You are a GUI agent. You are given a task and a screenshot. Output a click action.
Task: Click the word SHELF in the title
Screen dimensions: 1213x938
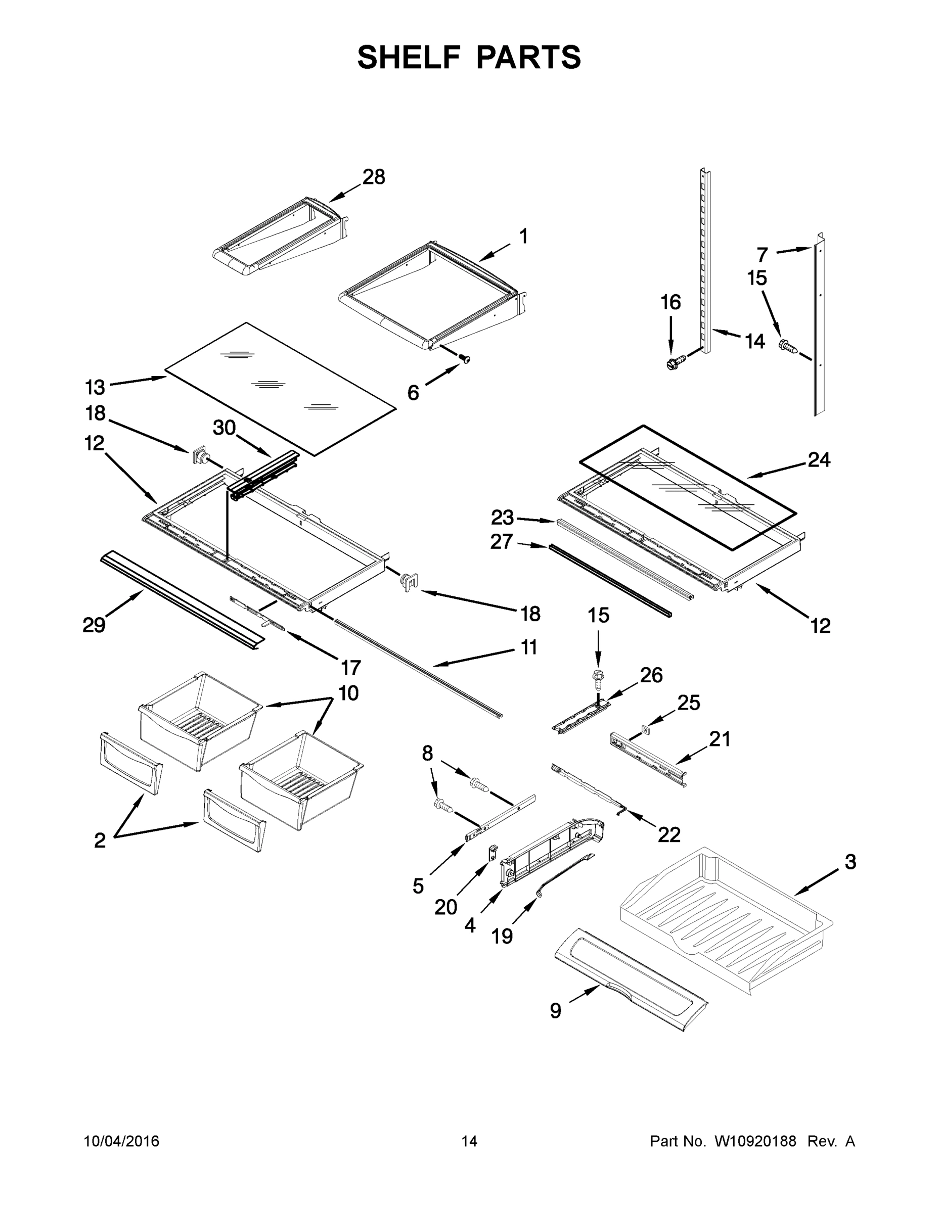409,57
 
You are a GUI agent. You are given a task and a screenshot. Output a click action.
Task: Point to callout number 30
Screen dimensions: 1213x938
225,428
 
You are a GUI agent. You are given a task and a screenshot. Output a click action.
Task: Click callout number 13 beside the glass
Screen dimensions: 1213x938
95,387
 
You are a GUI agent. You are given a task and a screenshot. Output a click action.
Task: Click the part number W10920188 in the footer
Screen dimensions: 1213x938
754,1142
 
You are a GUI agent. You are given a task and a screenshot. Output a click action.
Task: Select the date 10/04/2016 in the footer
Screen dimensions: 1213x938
122,1142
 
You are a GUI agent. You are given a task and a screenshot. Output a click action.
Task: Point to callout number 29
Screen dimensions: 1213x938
94,625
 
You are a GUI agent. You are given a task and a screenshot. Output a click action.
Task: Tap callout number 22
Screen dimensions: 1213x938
669,835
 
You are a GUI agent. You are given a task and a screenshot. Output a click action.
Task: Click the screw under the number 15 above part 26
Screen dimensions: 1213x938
598,680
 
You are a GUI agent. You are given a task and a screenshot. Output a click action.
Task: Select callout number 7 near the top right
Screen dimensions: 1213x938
763,255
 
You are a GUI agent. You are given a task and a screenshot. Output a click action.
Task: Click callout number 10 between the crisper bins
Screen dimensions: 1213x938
348,693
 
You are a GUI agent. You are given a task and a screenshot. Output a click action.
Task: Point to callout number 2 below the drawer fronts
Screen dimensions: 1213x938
100,841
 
